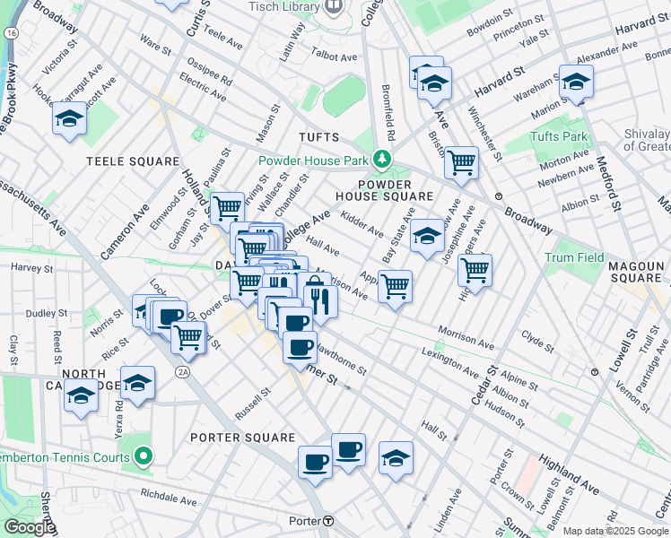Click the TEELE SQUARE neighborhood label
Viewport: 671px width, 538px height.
(133, 161)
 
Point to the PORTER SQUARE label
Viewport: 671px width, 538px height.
(242, 438)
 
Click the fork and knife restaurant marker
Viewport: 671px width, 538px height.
(318, 299)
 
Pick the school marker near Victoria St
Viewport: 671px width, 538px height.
(69, 119)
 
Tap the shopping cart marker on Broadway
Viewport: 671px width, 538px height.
(461, 163)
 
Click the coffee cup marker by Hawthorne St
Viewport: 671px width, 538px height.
(300, 347)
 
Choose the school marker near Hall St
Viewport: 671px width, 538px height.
(396, 459)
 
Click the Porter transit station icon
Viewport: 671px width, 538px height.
(329, 521)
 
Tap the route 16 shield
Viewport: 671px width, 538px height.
(11, 32)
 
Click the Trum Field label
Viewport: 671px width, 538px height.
(574, 258)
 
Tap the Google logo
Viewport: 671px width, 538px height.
(29, 527)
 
